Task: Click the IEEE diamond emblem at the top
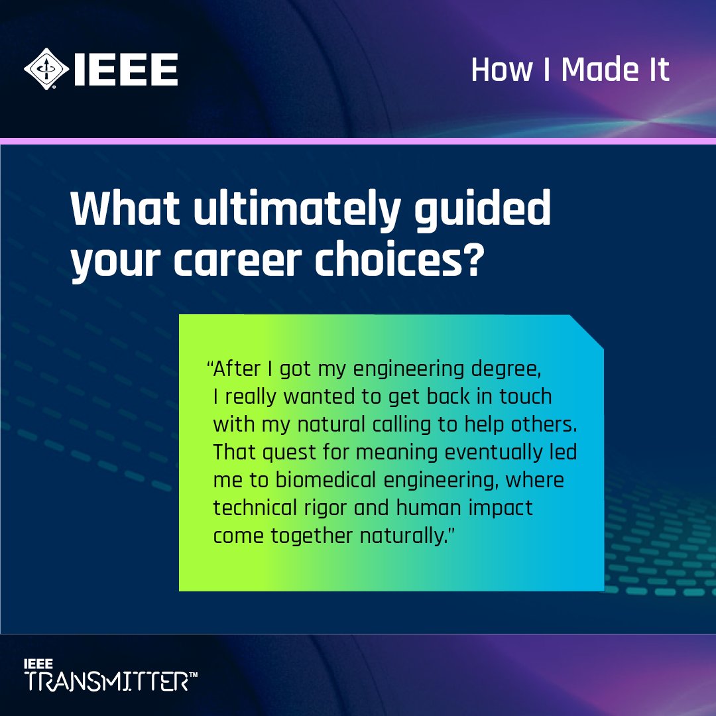coord(46,69)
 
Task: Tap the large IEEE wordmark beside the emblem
coord(125,70)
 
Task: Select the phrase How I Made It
coord(570,70)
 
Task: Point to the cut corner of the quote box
coord(587,330)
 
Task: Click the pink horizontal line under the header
coord(358,141)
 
